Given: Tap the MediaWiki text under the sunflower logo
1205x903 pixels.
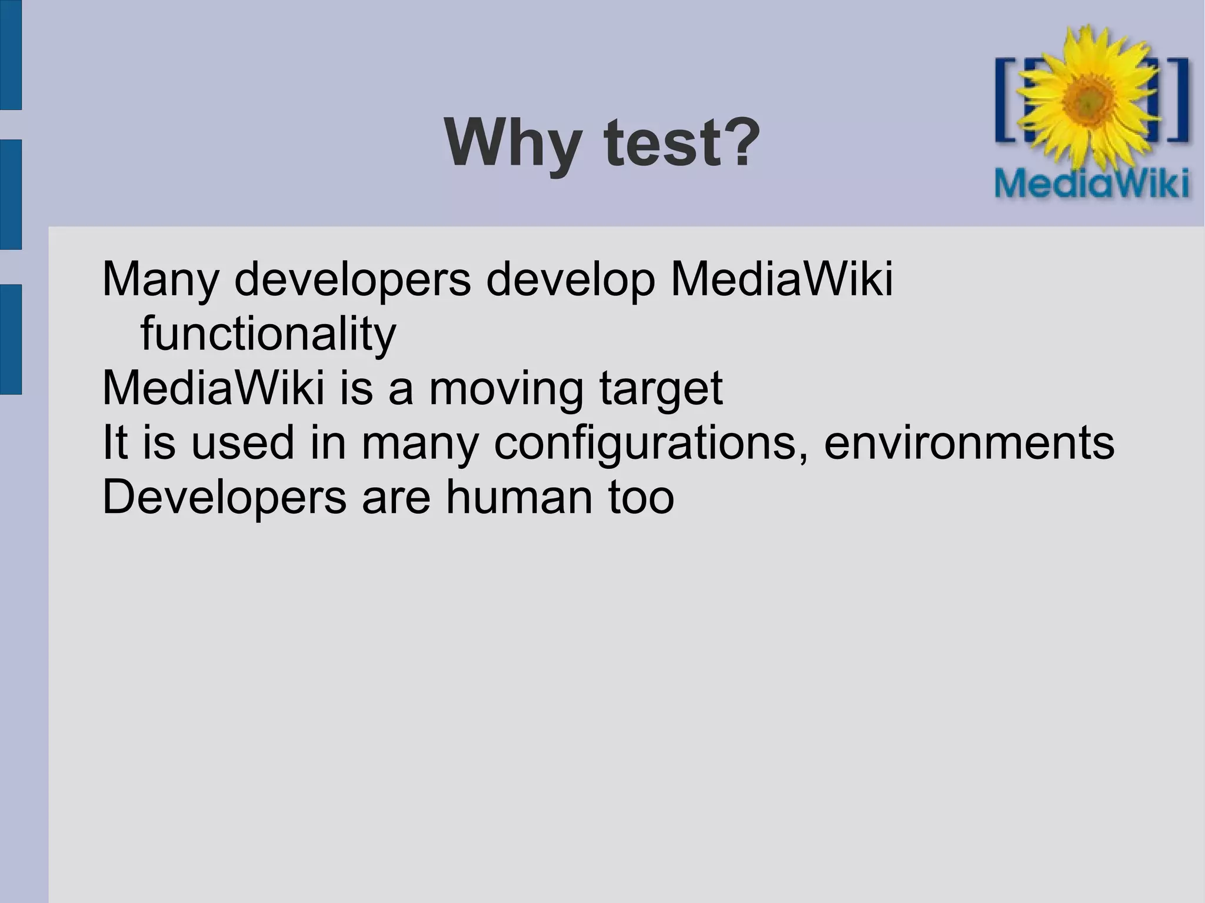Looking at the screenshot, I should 1092,184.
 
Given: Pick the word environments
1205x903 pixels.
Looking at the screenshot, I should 968,442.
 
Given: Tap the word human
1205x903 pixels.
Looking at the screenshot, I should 518,497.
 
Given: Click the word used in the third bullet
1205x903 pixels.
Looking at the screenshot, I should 242,443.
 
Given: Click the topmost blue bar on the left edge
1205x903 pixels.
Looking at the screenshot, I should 10,54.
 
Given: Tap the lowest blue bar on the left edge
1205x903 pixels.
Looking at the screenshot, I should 10,339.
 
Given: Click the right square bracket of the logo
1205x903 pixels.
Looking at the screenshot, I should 1179,100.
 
